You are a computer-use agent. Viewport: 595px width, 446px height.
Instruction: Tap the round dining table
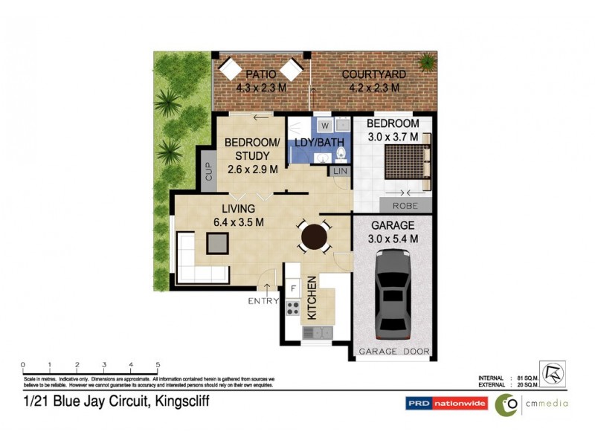point(313,238)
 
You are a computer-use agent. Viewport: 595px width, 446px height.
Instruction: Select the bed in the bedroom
point(405,163)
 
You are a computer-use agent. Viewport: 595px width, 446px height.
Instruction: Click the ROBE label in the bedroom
point(405,206)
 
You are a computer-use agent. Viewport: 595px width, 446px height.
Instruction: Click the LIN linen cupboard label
point(341,172)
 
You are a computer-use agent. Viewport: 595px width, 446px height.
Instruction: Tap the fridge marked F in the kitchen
point(293,288)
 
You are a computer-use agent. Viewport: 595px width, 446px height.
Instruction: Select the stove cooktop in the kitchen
point(293,308)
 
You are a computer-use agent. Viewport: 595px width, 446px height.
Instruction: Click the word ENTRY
point(263,301)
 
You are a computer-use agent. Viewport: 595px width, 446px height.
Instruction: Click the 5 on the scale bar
point(158,364)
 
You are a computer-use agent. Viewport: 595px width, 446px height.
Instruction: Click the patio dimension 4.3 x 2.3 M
point(261,88)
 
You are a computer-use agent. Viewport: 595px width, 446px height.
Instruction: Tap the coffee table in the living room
point(218,242)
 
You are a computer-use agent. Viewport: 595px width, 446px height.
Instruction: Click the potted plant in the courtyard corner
point(427,61)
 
